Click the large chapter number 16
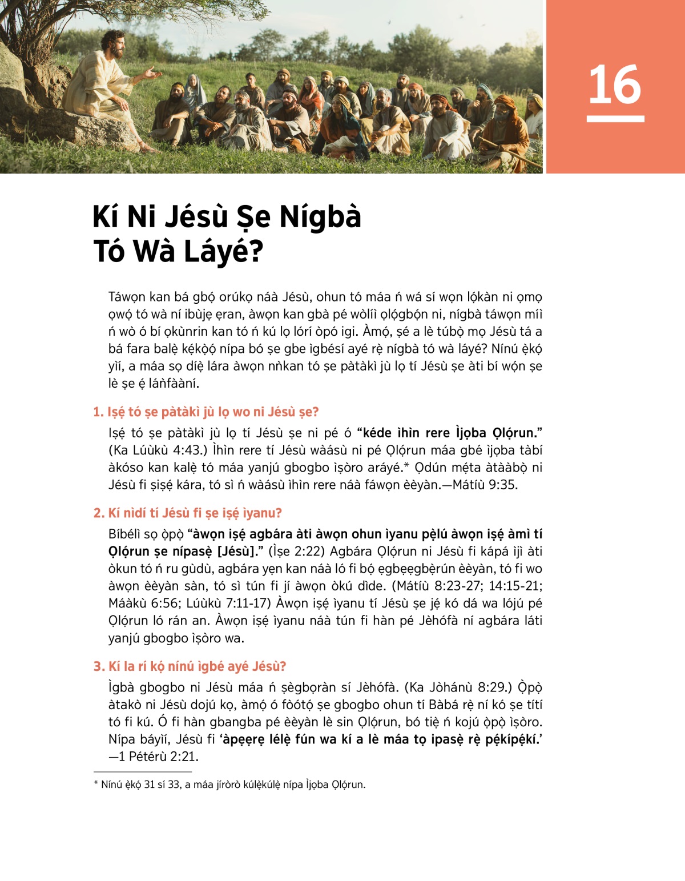(615, 85)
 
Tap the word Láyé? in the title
(223, 251)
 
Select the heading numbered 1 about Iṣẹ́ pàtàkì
(206, 412)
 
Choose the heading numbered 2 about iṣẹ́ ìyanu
(188, 513)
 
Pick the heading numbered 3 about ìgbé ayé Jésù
(190, 666)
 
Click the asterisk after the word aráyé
(406, 465)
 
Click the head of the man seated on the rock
(113, 43)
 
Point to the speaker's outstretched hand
(151, 73)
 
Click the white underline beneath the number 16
(615, 119)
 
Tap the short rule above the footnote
(142, 771)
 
